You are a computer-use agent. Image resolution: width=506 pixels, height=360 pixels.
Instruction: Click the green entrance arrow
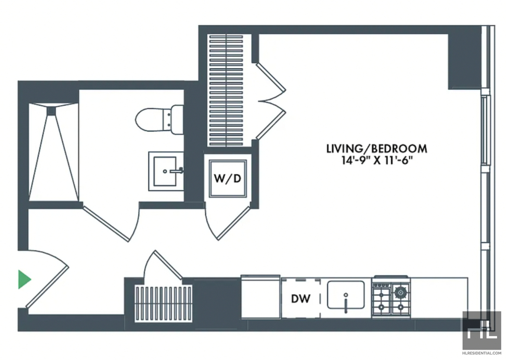(x=24, y=280)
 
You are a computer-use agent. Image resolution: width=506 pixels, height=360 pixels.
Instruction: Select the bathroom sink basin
(x=165, y=171)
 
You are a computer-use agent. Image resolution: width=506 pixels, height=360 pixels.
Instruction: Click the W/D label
(x=228, y=178)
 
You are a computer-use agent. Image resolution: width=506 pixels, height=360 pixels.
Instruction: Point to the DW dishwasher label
(x=301, y=299)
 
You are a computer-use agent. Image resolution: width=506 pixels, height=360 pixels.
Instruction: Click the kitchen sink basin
(x=345, y=295)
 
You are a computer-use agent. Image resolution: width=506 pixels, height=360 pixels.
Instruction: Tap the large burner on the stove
(x=400, y=292)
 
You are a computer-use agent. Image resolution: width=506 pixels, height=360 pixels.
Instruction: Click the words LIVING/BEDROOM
(x=377, y=149)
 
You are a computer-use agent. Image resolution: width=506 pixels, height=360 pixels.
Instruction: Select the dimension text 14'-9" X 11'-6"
(x=377, y=160)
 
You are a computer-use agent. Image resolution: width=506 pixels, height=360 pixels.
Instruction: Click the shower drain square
(x=51, y=111)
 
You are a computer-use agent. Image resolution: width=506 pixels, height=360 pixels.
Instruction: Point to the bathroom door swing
(x=111, y=223)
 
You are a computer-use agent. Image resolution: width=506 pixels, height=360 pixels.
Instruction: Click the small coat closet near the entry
(x=164, y=304)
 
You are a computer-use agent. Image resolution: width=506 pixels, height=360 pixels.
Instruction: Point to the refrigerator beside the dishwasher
(x=260, y=297)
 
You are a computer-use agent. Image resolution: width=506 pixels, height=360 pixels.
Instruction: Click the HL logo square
(x=481, y=330)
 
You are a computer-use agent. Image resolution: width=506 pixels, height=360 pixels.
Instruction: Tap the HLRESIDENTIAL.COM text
(x=482, y=353)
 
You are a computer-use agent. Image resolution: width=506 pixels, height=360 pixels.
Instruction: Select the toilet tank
(x=177, y=120)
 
